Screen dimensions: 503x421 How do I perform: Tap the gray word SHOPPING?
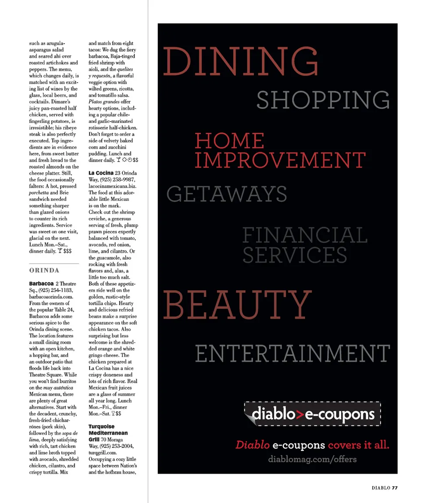(323, 100)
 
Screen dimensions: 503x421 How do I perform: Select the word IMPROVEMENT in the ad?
(280, 161)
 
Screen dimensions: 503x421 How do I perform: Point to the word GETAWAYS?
(227, 194)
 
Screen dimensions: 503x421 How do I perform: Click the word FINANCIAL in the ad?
(305, 235)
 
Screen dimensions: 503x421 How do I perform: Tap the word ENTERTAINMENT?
(292, 354)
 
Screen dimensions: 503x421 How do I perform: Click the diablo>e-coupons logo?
(312, 414)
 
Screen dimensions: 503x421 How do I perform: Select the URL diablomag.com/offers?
(312, 460)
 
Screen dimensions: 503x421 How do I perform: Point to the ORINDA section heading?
(44, 270)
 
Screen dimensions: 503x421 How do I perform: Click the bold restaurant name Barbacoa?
(41, 284)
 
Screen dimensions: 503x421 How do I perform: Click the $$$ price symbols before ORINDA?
(68, 251)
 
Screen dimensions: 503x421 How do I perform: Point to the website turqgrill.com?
(102, 452)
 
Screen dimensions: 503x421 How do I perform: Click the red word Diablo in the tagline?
(252, 445)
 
